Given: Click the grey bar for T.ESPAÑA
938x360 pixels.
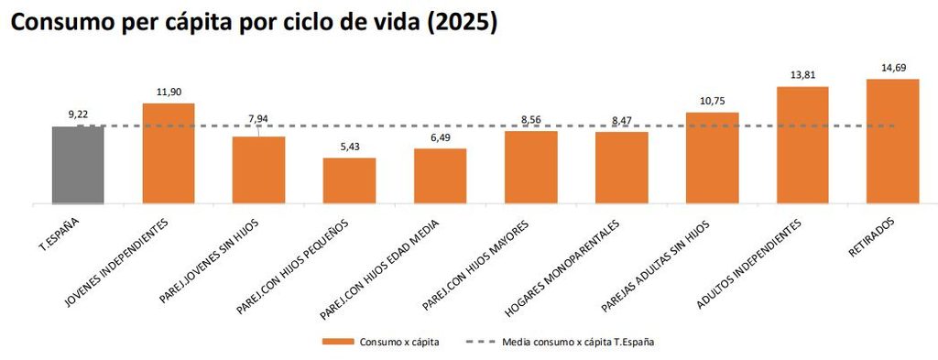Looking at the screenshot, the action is point(78,165).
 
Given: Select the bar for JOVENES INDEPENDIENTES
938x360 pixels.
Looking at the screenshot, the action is point(169,154).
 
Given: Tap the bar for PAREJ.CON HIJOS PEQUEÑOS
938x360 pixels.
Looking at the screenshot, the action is point(349,180).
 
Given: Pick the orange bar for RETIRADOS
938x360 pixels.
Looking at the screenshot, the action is point(892,141).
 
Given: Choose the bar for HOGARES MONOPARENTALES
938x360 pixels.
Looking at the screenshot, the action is point(622,168).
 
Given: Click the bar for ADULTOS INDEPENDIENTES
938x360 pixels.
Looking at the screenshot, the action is point(802,146).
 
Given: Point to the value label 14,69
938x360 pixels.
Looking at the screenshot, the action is point(892,68).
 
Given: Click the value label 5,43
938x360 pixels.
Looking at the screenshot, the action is point(349,147).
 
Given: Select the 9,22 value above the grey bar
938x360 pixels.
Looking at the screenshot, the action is point(78,115).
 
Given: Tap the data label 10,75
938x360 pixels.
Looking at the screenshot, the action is point(712,102).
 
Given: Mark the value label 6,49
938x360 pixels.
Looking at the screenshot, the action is point(441,137).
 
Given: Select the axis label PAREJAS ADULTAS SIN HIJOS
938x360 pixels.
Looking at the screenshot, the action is point(656,267).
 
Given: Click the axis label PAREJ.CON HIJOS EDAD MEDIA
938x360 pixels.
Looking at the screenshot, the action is point(380,269).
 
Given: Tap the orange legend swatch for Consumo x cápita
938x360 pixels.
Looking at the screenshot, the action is point(338,342).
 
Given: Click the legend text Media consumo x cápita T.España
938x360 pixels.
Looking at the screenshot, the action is point(578,342).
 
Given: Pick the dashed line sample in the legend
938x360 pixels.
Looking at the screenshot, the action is point(480,342).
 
